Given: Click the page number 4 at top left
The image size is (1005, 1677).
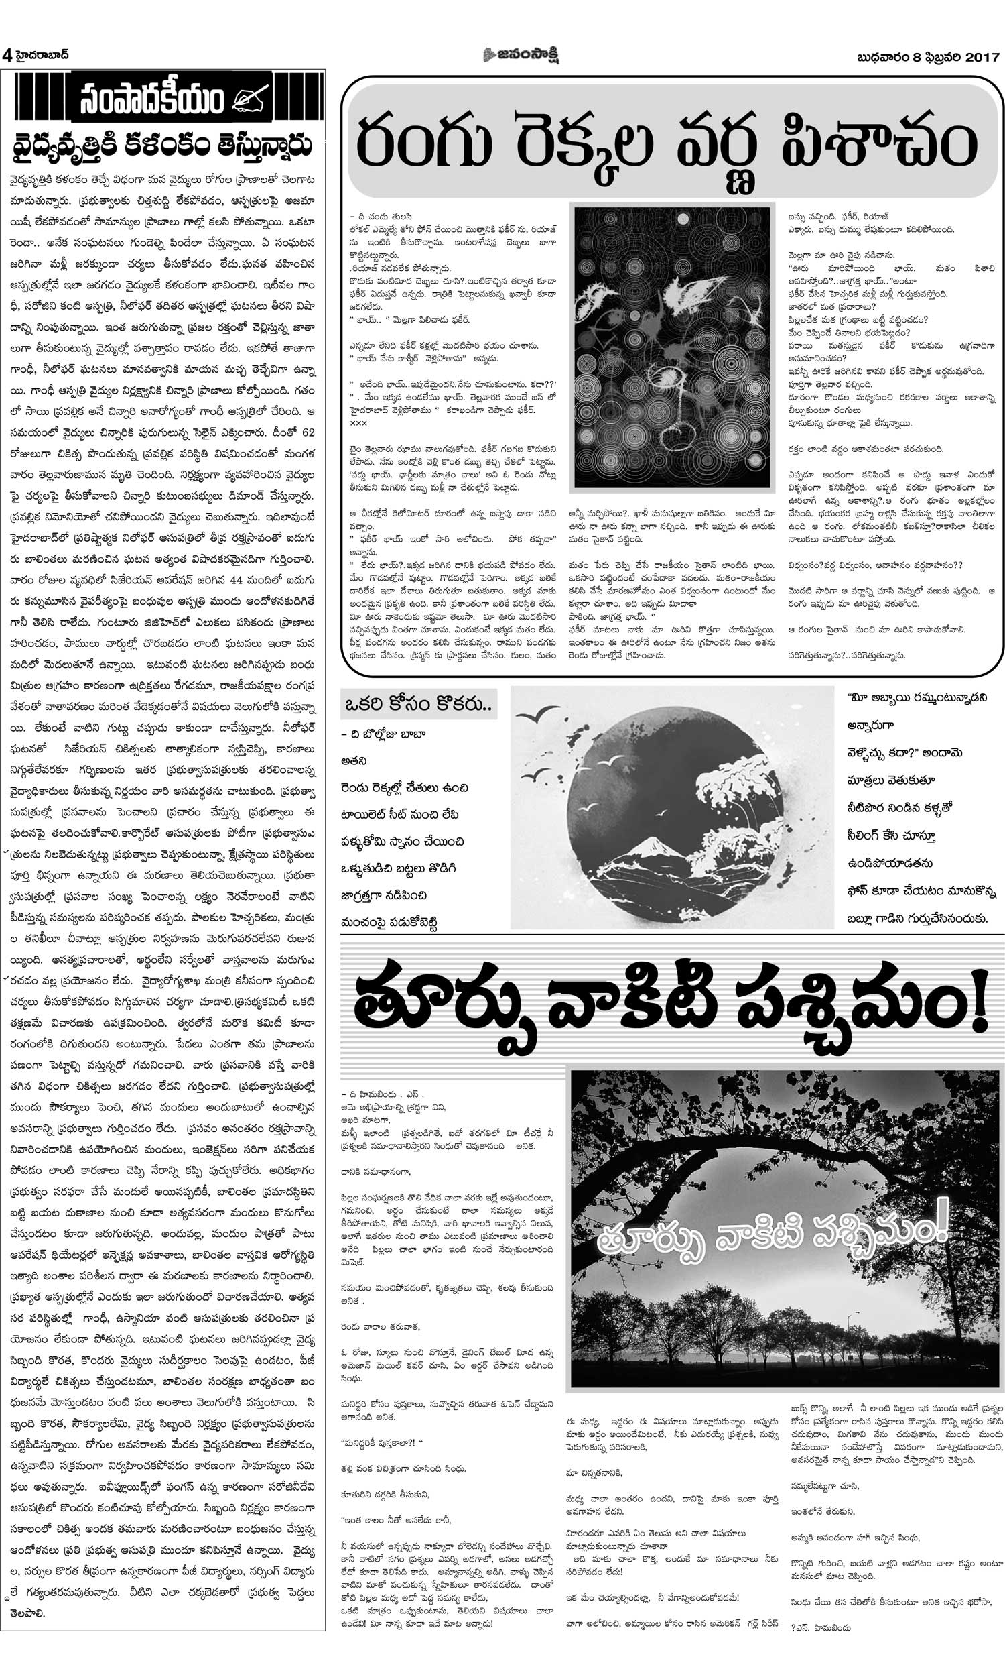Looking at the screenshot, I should (7, 55).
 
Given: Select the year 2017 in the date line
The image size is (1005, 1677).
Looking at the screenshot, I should (982, 57).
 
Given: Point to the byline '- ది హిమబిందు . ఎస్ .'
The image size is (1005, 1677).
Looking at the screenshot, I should (383, 1094).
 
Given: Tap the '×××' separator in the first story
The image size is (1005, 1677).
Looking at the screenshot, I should (358, 423).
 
